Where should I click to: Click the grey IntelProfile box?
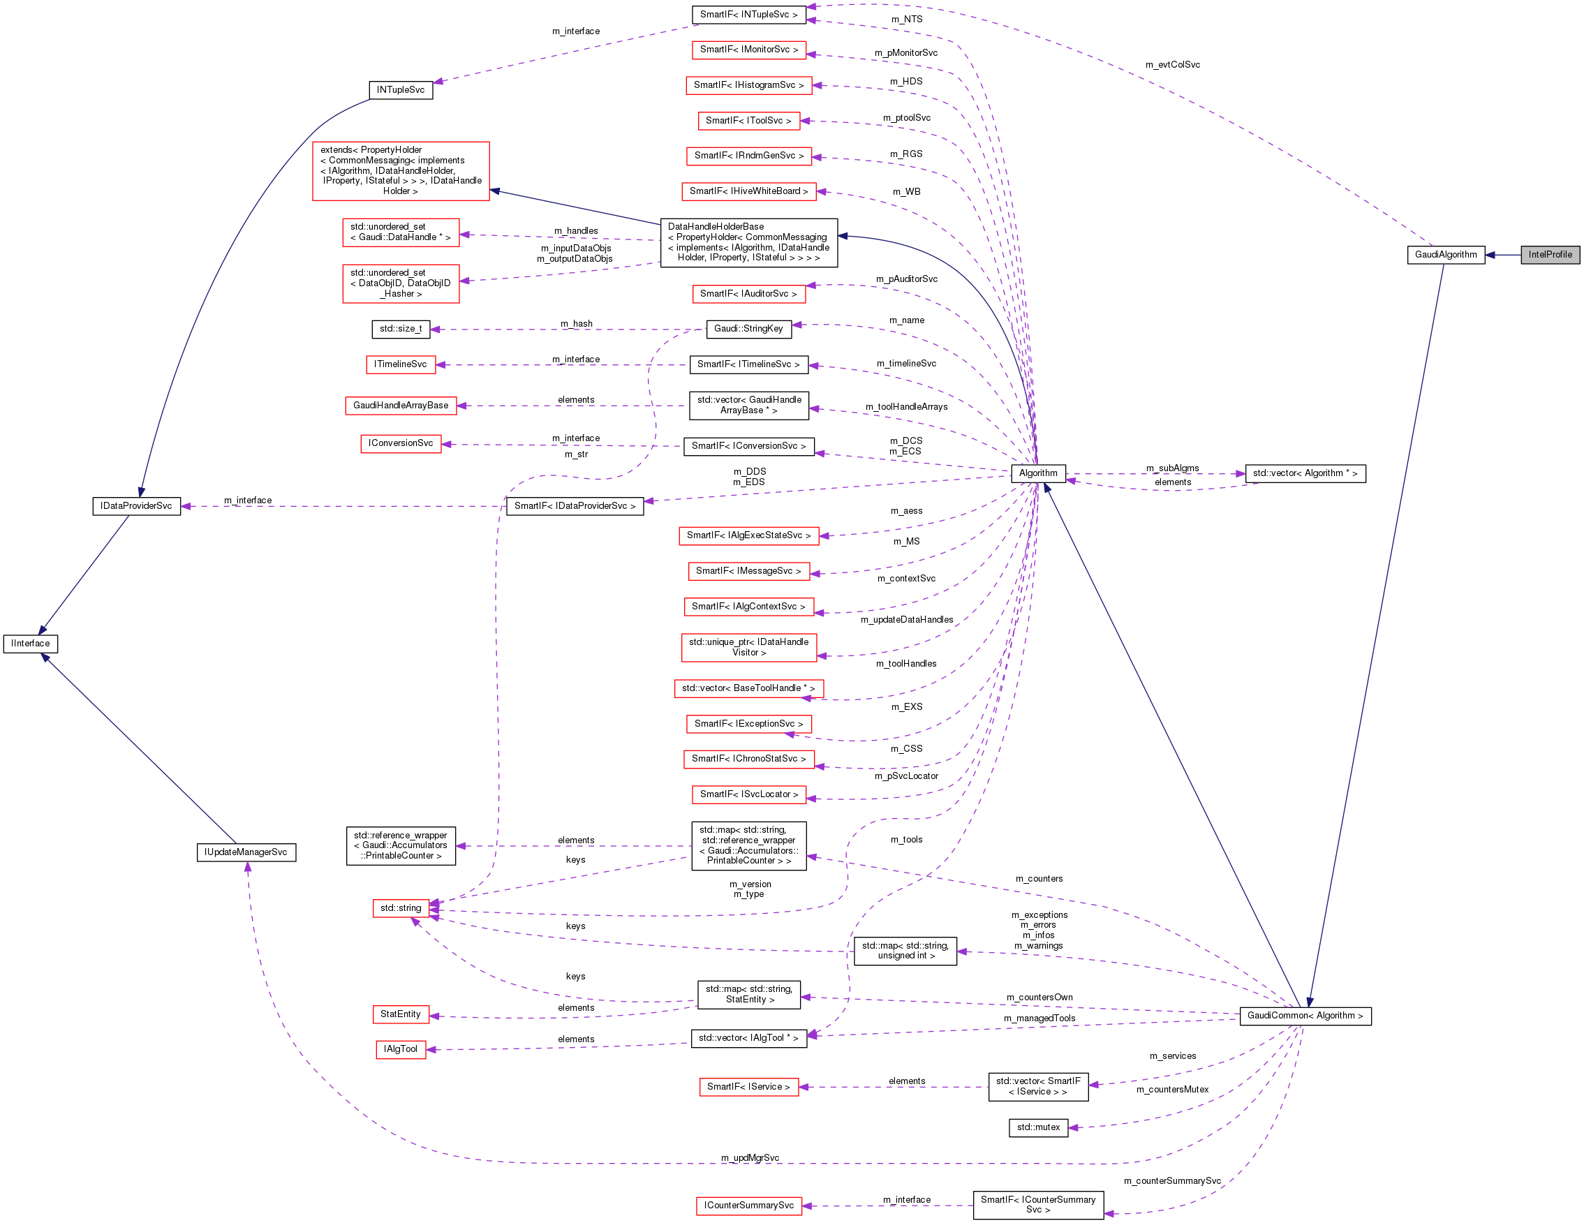[1550, 255]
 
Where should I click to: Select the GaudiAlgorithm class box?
[1446, 255]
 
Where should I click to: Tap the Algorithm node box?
[1038, 473]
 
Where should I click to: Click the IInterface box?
[31, 644]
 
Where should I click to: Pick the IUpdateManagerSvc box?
[246, 852]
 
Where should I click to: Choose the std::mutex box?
[1038, 1127]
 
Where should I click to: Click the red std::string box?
[400, 908]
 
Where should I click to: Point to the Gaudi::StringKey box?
[748, 329]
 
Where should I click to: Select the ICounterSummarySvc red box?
[748, 1206]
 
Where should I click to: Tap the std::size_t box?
[400, 329]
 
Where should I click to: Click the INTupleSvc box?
[400, 90]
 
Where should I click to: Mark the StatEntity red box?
[400, 1014]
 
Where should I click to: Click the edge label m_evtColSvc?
[1172, 64]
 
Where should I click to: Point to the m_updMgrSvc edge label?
[750, 1157]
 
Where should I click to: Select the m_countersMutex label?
[1172, 1090]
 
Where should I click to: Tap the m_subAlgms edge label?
[1172, 468]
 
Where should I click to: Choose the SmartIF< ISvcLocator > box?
[748, 794]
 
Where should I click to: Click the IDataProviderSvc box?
[136, 505]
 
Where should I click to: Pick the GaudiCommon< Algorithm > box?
[1305, 1016]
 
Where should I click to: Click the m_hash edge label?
[577, 323]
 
